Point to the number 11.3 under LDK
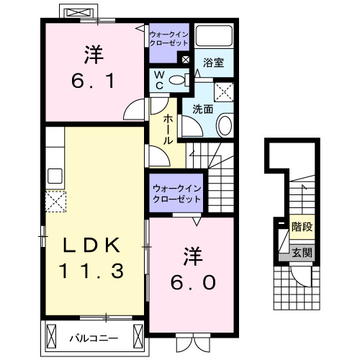[90, 271]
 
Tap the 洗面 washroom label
[202, 109]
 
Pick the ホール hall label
[167, 129]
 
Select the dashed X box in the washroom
[225, 91]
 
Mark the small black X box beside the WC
[186, 60]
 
